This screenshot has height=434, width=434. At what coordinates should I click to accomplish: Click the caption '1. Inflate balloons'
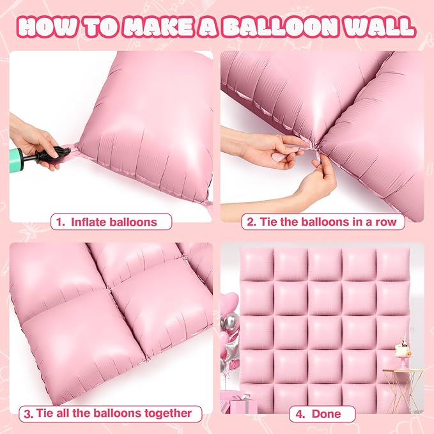[112, 222]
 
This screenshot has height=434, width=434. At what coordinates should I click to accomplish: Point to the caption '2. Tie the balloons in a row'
[323, 222]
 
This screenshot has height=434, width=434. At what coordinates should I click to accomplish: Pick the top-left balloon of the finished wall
[256, 263]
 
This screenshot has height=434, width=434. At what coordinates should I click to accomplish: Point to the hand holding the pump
[32, 137]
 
